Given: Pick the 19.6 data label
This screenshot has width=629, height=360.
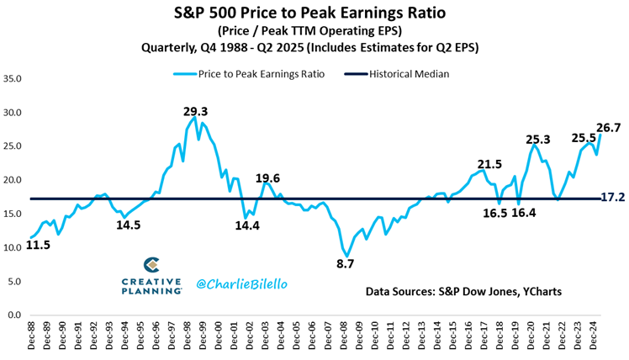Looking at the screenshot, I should point(268,178).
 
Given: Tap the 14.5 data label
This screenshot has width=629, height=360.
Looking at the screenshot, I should point(129,225).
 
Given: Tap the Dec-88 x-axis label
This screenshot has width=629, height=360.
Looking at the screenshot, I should point(32,336).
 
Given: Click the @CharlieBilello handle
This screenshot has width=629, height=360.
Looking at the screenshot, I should point(241,284).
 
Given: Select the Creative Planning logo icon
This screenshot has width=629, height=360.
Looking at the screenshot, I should point(152,266).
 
